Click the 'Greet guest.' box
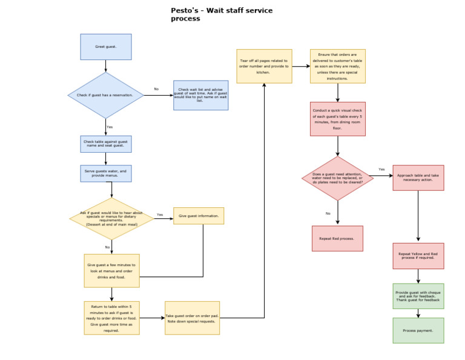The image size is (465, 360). click(x=106, y=47)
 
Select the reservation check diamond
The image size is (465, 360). click(x=106, y=95)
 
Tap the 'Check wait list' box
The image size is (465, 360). click(x=200, y=95)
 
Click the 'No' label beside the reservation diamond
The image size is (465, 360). click(x=156, y=89)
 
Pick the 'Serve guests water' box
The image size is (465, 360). click(x=106, y=173)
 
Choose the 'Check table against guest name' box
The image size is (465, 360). click(x=106, y=144)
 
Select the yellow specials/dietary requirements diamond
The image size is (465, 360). click(x=111, y=218)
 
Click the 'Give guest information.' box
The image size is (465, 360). click(x=199, y=216)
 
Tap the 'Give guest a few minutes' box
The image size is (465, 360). click(x=111, y=270)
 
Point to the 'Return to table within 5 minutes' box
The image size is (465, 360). click(x=111, y=318)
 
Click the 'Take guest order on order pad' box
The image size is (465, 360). click(x=192, y=318)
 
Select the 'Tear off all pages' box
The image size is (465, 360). click(x=264, y=66)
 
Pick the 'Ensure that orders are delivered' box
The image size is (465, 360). click(x=338, y=66)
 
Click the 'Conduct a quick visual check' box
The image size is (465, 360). click(x=338, y=119)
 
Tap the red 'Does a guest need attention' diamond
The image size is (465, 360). click(x=338, y=178)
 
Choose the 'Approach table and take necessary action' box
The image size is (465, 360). click(x=418, y=178)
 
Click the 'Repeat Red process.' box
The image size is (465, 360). click(x=337, y=238)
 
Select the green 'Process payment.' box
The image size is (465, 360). click(x=418, y=330)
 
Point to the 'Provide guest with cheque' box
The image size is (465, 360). click(x=418, y=296)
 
